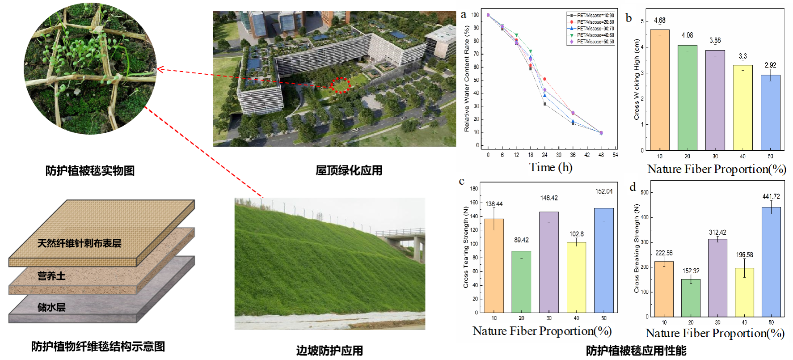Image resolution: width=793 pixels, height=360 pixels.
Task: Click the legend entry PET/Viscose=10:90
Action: (x=595, y=15)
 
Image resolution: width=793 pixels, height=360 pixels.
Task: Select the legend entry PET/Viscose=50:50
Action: (x=595, y=42)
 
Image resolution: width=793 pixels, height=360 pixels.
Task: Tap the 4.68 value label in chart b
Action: (x=659, y=21)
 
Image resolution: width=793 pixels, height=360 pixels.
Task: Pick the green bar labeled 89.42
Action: (x=521, y=282)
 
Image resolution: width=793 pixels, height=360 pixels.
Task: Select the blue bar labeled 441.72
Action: (x=771, y=262)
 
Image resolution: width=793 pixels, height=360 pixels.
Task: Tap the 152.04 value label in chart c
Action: (x=603, y=191)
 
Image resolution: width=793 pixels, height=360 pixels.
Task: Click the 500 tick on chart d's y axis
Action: (x=644, y=193)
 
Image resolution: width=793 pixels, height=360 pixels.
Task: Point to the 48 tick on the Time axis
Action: (x=601, y=155)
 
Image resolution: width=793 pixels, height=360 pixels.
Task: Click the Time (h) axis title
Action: (x=550, y=168)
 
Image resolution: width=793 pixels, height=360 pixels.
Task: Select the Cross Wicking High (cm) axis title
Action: (x=637, y=79)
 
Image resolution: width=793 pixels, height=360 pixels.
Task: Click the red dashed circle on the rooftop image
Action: (x=341, y=85)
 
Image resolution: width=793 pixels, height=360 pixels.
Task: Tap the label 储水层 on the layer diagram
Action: (x=51, y=307)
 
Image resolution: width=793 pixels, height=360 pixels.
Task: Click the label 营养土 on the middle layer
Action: (x=51, y=276)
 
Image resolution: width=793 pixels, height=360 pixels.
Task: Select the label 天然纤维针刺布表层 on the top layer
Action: (x=79, y=243)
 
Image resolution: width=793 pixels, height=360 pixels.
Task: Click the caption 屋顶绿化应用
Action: (x=349, y=170)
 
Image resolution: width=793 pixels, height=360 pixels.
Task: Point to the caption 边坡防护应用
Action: (x=329, y=351)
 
